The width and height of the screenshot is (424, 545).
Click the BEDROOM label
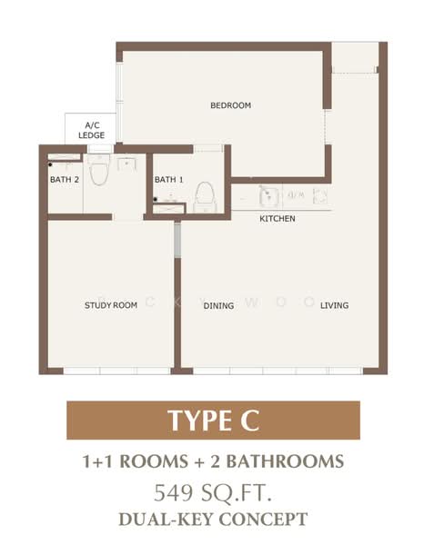pos(230,106)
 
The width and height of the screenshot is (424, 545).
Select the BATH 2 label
pos(65,180)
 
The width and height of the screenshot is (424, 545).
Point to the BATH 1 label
pos(169,180)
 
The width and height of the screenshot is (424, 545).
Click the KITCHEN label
pos(278,219)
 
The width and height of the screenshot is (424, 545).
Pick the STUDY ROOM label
pos(111,305)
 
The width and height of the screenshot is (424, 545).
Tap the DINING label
pos(219,305)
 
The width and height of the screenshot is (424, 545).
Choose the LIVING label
pos(334,305)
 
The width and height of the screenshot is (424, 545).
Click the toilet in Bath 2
pos(99,170)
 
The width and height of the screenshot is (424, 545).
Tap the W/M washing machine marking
pos(297,195)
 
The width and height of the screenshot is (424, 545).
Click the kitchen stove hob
pos(320,195)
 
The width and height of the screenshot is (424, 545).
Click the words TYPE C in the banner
pos(213,421)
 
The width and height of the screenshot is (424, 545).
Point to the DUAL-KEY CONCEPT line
pos(213,520)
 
